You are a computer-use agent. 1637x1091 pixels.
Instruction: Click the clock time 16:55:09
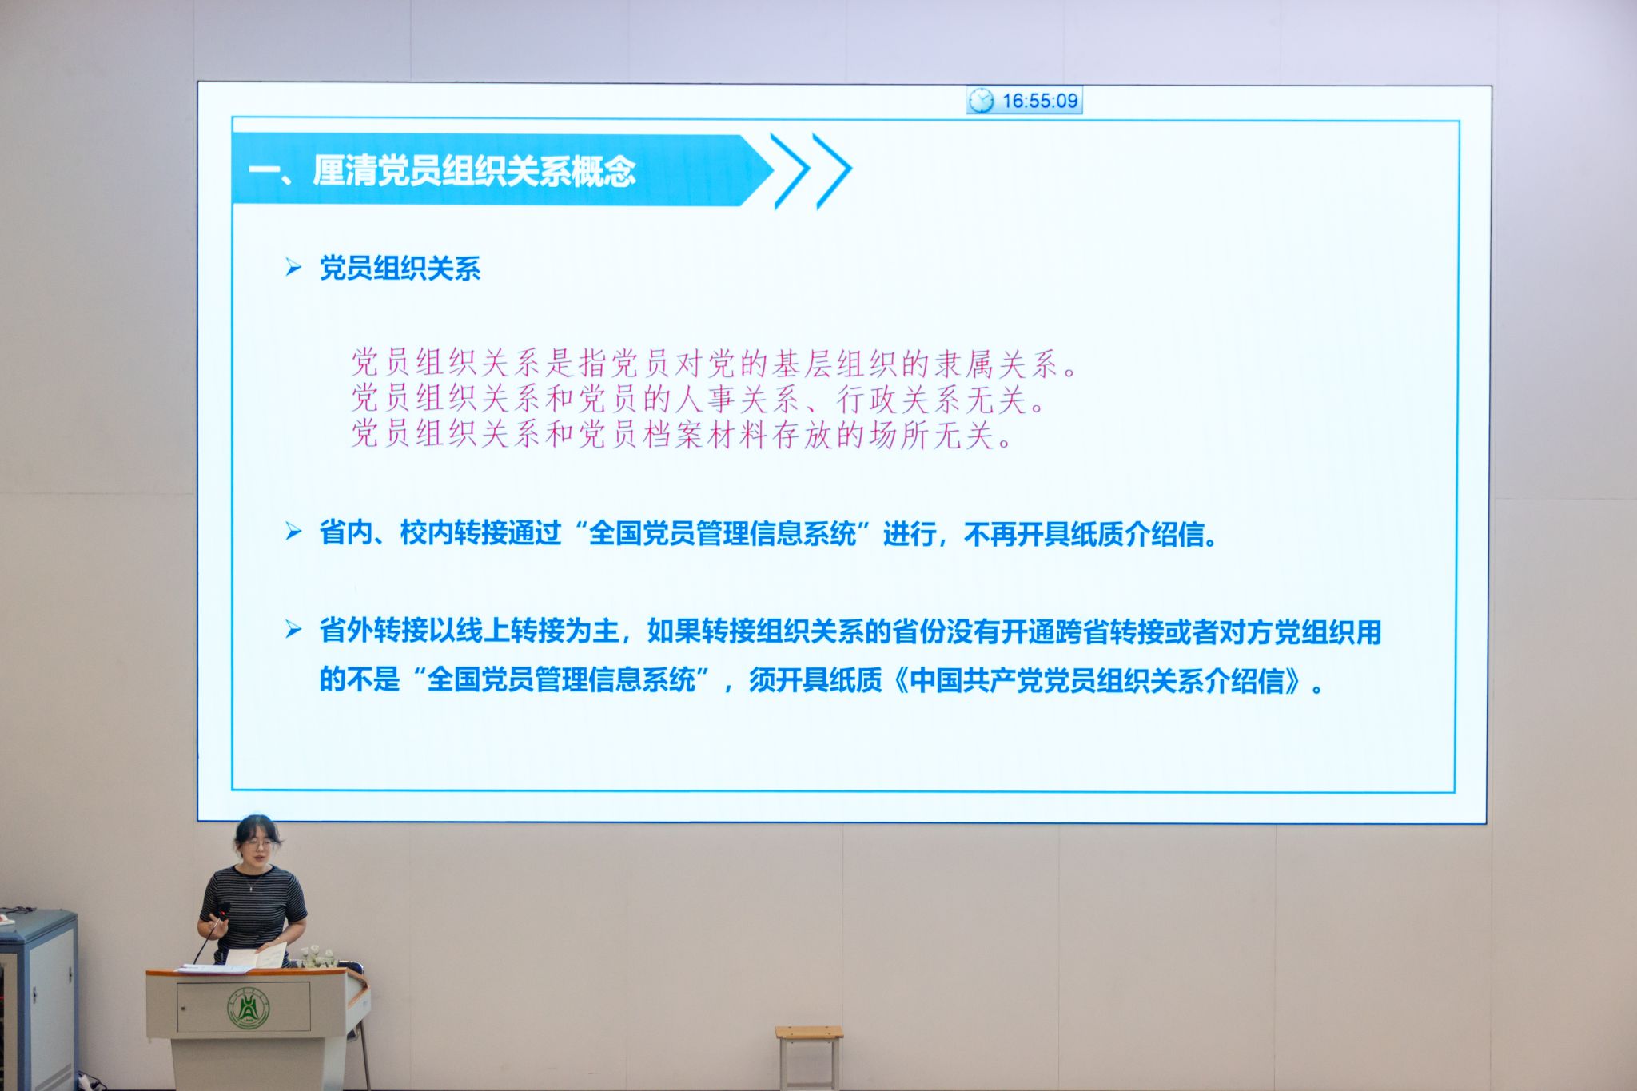[1040, 101]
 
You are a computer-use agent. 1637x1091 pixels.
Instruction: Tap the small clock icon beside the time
[981, 101]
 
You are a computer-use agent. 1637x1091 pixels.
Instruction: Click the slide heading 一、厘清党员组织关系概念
[442, 171]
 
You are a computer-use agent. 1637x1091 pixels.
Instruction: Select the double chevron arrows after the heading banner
[810, 171]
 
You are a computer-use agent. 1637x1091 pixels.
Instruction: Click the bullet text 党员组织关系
[400, 269]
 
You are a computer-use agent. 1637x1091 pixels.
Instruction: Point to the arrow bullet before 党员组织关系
[293, 268]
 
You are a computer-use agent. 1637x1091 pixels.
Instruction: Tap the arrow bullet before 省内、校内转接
[293, 532]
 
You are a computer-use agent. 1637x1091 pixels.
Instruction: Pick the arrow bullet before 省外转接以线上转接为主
[293, 630]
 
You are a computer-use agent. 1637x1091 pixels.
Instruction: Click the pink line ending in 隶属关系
[714, 364]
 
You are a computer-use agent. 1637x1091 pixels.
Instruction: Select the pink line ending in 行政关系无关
[698, 399]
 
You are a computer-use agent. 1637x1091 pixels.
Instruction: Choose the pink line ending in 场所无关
[682, 434]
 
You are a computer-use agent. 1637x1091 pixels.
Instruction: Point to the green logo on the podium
[249, 1007]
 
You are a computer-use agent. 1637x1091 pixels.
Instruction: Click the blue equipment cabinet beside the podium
[38, 999]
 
